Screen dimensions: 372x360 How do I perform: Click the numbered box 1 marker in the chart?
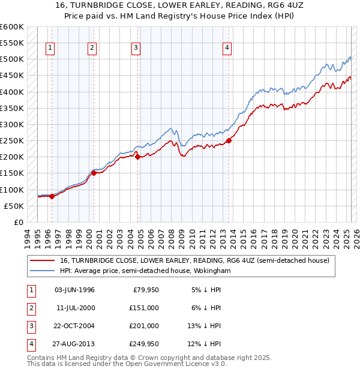coord(51,49)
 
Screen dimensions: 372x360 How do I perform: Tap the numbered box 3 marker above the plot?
coord(137,49)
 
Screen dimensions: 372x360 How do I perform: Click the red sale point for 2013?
coord(229,141)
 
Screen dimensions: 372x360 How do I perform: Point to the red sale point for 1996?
coord(52,196)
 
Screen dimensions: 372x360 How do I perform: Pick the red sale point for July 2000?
coord(94,173)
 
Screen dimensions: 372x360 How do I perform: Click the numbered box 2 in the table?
coord(30,308)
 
